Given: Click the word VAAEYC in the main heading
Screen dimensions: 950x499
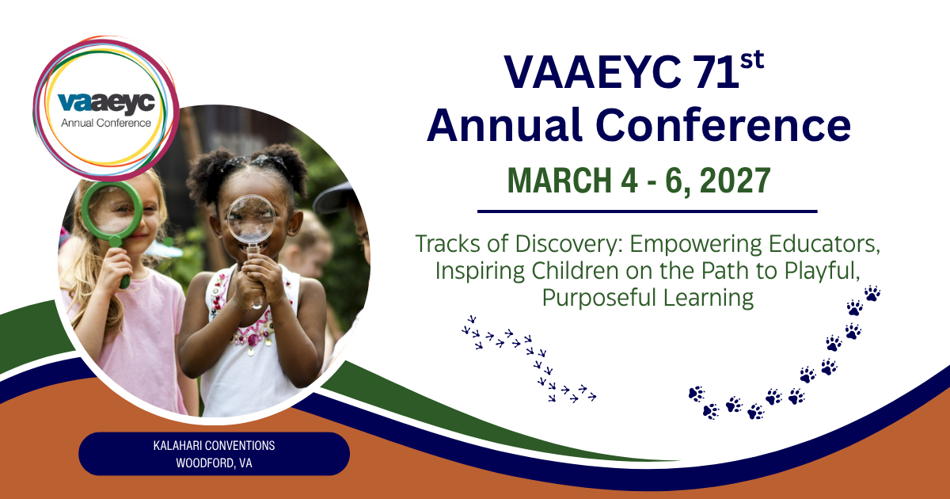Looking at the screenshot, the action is point(592,72).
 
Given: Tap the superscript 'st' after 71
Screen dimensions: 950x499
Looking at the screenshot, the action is point(752,60).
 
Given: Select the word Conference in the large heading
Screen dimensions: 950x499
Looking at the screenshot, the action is point(723,125).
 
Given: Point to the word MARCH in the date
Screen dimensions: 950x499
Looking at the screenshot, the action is point(560,181).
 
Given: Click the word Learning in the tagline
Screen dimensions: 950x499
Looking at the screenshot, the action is point(709,299).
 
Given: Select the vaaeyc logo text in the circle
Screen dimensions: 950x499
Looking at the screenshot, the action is point(106,104).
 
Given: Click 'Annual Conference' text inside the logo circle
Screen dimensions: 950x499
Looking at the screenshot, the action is point(106,123).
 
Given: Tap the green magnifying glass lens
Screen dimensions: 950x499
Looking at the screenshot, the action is point(112,210).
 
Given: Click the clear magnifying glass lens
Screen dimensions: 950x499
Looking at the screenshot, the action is point(251,219).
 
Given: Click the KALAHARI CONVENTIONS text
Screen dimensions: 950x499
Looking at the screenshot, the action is point(215,445).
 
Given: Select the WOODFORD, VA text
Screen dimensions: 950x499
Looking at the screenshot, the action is point(215,463).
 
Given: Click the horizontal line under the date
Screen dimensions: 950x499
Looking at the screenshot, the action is point(648,211).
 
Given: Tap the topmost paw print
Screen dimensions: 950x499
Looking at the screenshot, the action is point(872,293).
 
